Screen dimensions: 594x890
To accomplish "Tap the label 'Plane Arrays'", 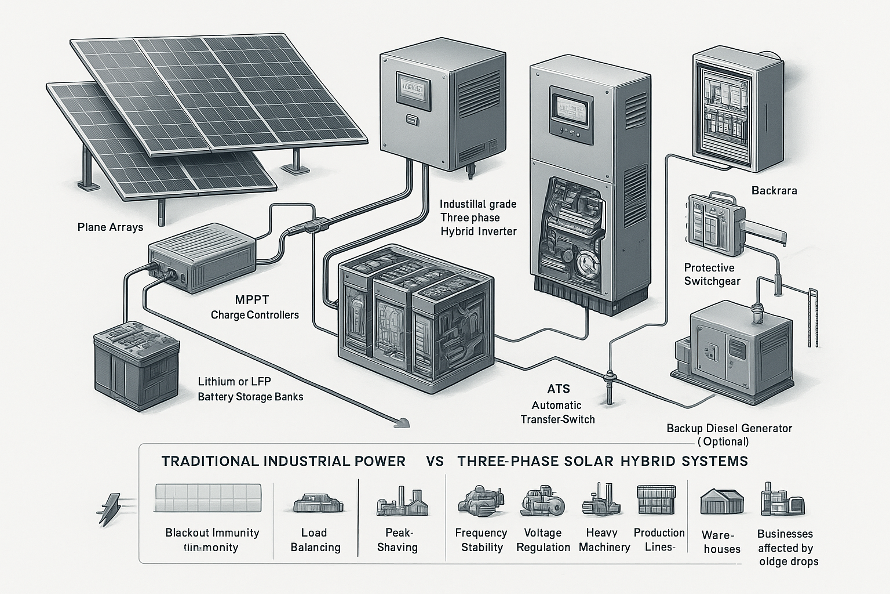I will (110, 227).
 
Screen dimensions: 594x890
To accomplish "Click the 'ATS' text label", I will (559, 389).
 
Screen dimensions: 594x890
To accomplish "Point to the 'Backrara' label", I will (774, 190).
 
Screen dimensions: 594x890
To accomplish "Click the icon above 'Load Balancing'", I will (315, 502).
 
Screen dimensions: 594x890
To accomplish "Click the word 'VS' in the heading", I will (435, 461).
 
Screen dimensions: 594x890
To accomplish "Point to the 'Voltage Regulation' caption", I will (543, 540).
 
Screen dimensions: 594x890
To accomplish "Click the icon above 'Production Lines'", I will (656, 500).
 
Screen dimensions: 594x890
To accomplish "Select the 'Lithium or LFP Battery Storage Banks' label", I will (250, 389).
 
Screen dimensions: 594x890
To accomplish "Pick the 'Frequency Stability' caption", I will (481, 540).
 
